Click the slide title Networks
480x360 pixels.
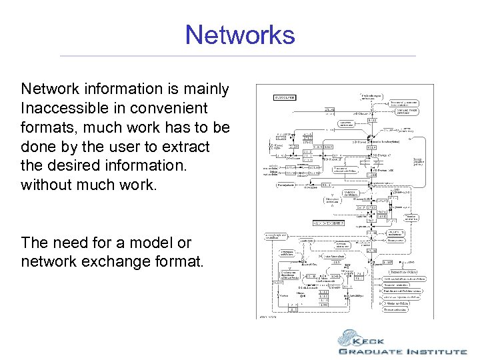(x=240, y=34)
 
